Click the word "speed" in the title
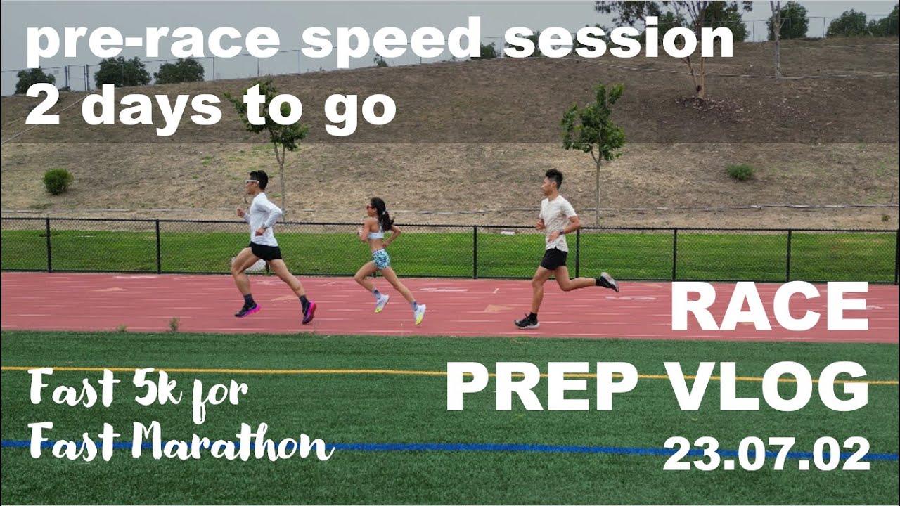pyautogui.click(x=391, y=39)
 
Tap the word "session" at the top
pyautogui.click(x=619, y=39)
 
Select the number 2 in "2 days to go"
pyautogui.click(x=41, y=105)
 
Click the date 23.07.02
pyautogui.click(x=766, y=453)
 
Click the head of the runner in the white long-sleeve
pyautogui.click(x=258, y=181)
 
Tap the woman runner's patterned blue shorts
pyautogui.click(x=380, y=259)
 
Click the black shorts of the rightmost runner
pyautogui.click(x=554, y=259)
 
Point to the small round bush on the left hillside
pyautogui.click(x=58, y=181)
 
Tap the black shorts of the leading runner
pyautogui.click(x=266, y=251)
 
